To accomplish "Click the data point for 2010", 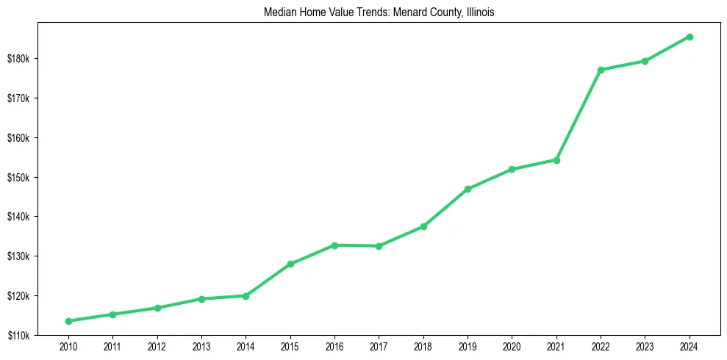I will click(x=68, y=321).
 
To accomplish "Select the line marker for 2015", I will click(x=290, y=264).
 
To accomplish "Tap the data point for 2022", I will click(x=601, y=70).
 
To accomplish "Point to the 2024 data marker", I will click(x=690, y=37).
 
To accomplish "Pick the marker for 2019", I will click(x=468, y=190).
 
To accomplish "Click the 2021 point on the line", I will click(x=556, y=160).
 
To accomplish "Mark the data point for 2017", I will click(x=379, y=246).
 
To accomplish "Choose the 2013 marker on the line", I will click(x=201, y=299).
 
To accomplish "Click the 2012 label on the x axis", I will click(x=157, y=346).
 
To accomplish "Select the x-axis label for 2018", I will click(x=423, y=346).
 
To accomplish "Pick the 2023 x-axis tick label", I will click(x=645, y=346).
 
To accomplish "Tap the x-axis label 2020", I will click(x=512, y=346).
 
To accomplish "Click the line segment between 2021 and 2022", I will click(x=579, y=115).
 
